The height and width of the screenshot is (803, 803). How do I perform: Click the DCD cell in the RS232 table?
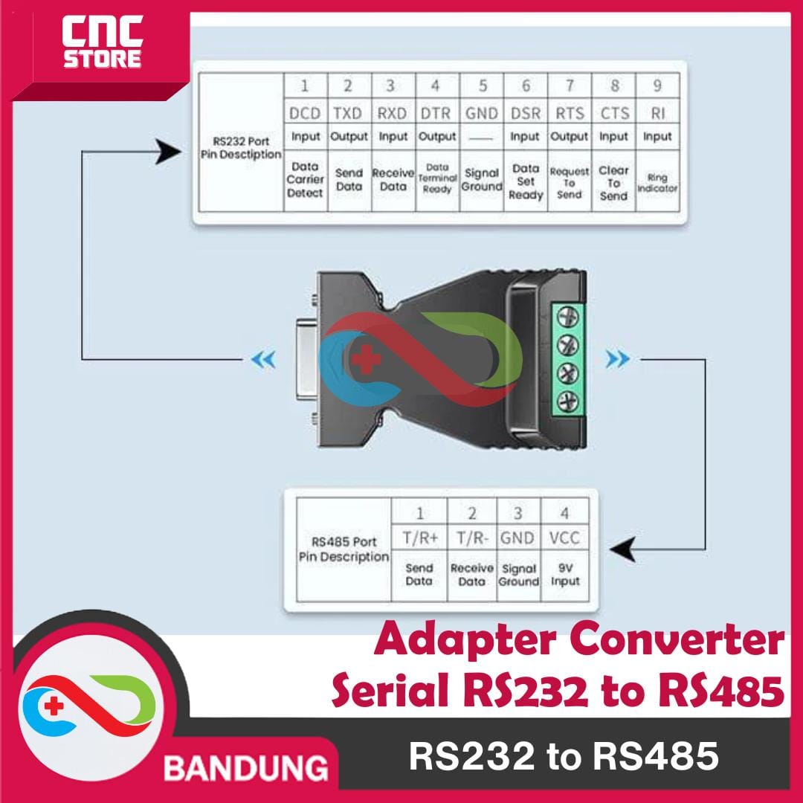click(305, 113)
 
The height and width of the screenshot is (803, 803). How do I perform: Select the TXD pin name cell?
click(348, 113)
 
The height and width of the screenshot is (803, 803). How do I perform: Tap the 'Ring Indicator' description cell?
click(657, 183)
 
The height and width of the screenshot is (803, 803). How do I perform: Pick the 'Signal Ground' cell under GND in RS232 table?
click(482, 180)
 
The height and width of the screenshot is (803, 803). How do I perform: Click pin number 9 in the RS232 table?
click(657, 86)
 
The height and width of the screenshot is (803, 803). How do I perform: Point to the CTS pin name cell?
click(614, 113)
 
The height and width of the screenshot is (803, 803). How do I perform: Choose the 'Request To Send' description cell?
click(570, 182)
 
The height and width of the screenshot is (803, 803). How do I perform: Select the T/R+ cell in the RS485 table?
click(419, 538)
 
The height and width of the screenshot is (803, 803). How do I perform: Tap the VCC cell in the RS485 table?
click(565, 538)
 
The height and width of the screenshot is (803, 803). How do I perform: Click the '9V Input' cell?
click(565, 575)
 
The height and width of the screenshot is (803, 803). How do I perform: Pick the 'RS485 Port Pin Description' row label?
click(344, 549)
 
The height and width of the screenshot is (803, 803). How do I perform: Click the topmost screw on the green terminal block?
click(568, 318)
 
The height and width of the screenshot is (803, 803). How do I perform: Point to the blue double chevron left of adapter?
click(263, 361)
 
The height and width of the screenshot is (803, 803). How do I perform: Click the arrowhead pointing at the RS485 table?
click(620, 551)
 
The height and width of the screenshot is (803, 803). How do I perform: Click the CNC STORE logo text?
click(102, 44)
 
